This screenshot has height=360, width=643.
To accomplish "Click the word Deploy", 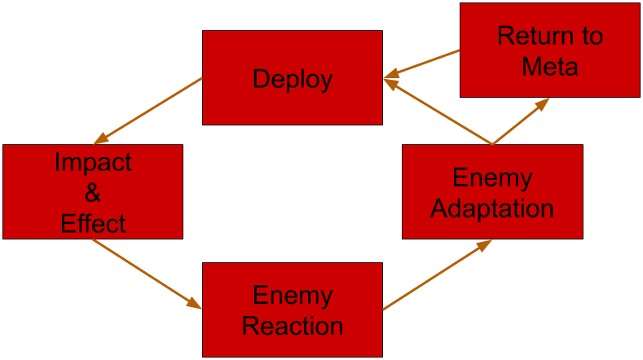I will point(293,79).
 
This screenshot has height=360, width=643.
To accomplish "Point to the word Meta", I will point(549,66).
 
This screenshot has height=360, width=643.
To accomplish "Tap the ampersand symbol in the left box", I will point(93,194).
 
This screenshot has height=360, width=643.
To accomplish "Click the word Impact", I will point(93,163).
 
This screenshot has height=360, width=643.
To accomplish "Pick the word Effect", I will point(93,223).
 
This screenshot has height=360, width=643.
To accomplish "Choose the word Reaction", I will point(293,327).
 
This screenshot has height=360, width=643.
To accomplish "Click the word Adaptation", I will point(492,209).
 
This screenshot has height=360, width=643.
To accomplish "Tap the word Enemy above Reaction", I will point(293,296).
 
